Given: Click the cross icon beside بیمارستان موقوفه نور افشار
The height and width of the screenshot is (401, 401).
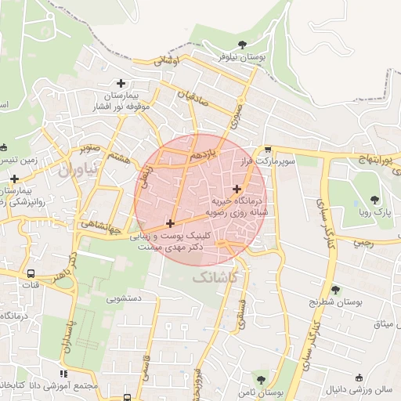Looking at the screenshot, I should pos(121,83).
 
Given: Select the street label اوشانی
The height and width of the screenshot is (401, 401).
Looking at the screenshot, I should pos(167,60).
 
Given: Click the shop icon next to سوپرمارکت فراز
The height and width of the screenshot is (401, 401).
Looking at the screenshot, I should pos(267,149).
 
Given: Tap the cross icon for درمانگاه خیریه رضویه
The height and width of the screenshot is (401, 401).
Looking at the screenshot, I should pos(237,189).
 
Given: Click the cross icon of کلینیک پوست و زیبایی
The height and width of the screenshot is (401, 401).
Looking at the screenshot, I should pos(170,224).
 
